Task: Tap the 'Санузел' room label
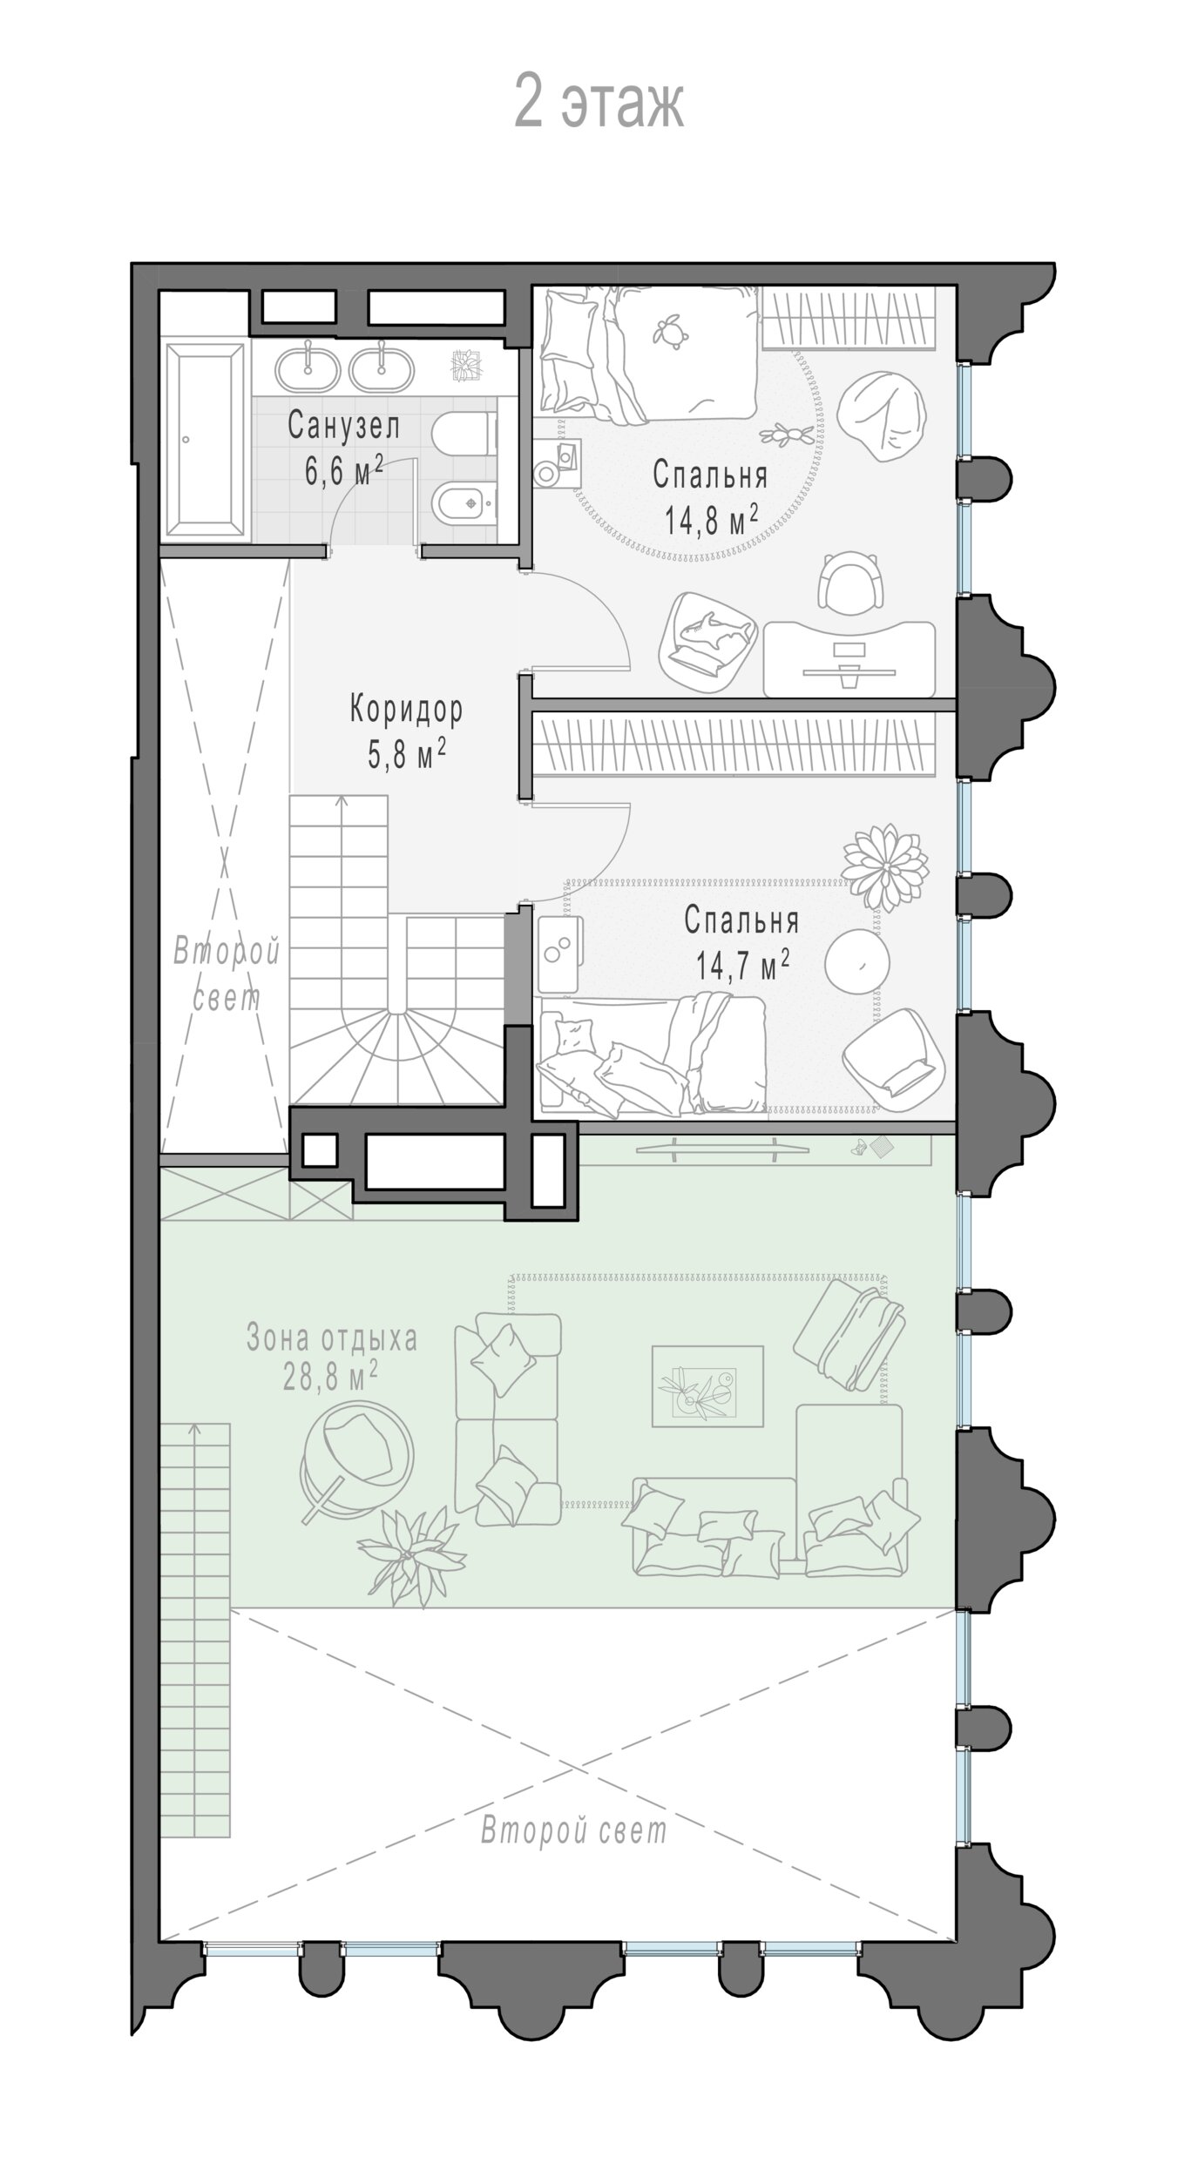pyautogui.click(x=344, y=426)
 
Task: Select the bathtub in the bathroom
pyautogui.click(x=206, y=441)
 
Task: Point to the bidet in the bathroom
pyautogui.click(x=464, y=503)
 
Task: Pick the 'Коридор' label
pyautogui.click(x=406, y=710)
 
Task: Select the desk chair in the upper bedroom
pyautogui.click(x=853, y=585)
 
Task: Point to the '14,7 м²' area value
pyautogui.click(x=742, y=966)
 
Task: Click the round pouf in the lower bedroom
pyautogui.click(x=857, y=960)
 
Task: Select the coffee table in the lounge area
pyautogui.click(x=708, y=1386)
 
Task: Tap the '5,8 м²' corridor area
pyautogui.click(x=407, y=754)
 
